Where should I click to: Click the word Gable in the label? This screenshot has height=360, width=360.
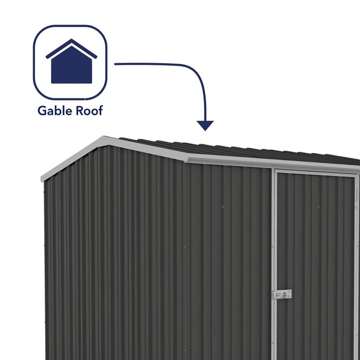point(55,110)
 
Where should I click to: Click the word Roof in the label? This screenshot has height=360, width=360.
point(89,110)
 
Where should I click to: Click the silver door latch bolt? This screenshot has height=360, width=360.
point(282,295)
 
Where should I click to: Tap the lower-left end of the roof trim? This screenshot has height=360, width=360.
point(42,179)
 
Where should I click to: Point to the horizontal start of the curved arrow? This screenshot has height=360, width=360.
point(115,64)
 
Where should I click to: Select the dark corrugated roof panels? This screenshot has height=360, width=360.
point(239,149)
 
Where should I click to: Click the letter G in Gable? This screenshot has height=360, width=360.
point(42,111)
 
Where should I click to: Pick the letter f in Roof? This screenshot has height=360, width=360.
point(100,110)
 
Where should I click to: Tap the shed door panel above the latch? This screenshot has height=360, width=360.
point(316,229)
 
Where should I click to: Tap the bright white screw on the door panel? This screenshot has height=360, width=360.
point(319,207)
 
